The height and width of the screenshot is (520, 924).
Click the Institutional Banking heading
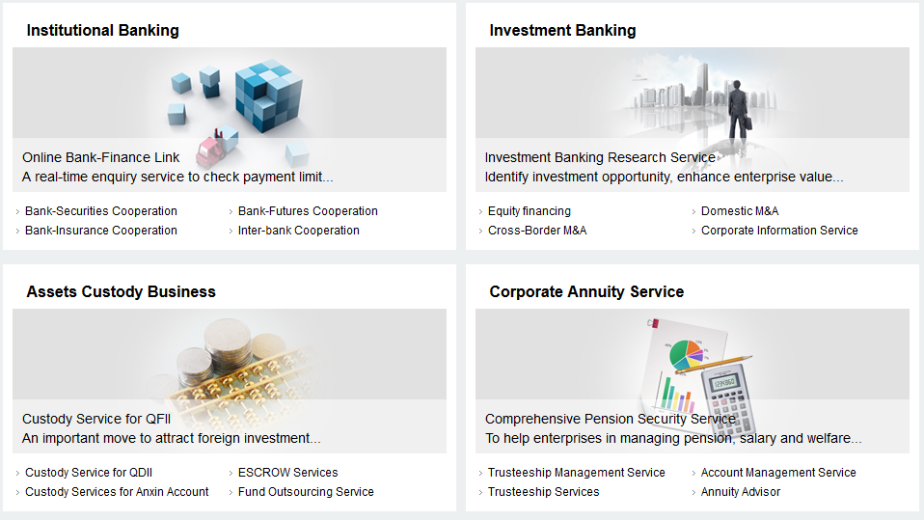(102, 31)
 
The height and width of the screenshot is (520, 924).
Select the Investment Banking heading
(562, 31)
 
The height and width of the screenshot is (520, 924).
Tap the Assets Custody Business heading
(122, 291)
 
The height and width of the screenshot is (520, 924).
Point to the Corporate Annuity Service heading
(587, 291)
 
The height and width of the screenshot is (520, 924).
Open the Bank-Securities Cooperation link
(100, 211)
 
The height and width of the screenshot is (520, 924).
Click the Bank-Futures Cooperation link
(308, 211)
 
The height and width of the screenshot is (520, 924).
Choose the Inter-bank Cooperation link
(299, 231)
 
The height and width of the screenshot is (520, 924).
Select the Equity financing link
(530, 211)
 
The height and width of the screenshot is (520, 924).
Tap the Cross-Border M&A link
(537, 231)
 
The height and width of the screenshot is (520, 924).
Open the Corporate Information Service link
(779, 231)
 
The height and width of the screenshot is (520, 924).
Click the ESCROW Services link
(288, 473)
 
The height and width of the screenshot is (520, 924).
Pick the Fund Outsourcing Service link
(306, 492)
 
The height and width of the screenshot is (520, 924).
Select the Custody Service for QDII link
(89, 473)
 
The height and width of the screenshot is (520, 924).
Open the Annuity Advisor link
(741, 492)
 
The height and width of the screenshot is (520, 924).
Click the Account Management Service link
(778, 473)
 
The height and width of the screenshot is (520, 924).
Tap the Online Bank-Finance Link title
(100, 157)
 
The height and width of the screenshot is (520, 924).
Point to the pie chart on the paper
(687, 355)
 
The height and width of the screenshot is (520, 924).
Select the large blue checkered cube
(269, 95)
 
